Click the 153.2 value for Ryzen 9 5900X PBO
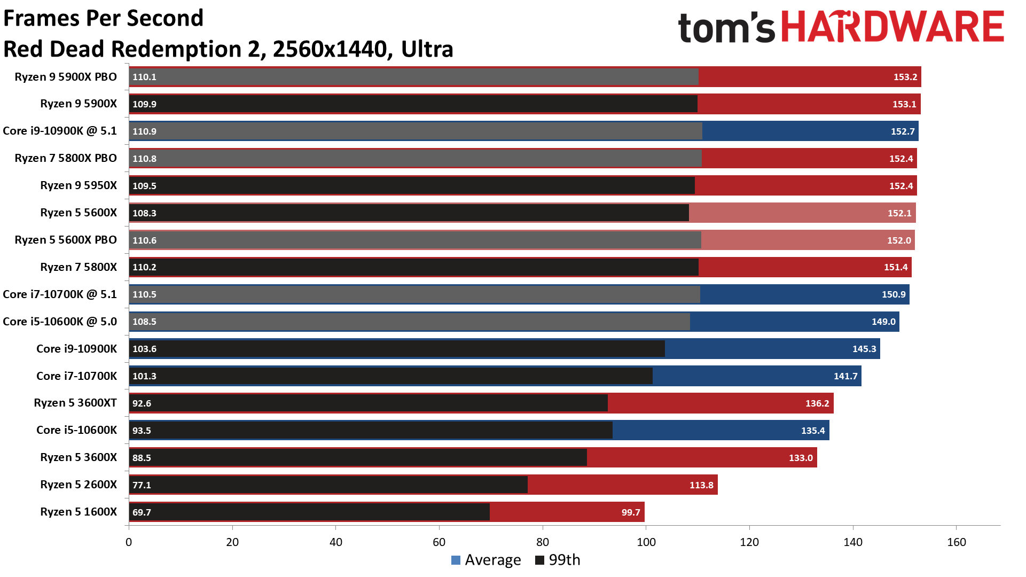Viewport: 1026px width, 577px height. (905, 77)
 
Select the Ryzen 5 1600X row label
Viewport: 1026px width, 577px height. (79, 512)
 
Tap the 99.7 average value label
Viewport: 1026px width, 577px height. (631, 512)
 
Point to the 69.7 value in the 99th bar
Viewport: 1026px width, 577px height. (142, 512)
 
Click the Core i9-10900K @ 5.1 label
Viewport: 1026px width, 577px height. (60, 131)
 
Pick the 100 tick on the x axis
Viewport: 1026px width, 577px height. (646, 542)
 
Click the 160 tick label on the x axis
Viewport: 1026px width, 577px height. (956, 542)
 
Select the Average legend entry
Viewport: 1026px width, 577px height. (486, 560)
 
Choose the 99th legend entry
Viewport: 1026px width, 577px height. (558, 560)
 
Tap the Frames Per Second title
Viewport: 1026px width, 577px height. (104, 18)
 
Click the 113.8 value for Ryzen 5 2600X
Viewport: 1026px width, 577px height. (701, 485)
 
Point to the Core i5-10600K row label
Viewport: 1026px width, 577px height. (76, 430)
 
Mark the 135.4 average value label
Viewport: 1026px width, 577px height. (813, 431)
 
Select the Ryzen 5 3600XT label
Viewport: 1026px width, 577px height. (75, 403)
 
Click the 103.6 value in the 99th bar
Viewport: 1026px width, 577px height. (144, 349)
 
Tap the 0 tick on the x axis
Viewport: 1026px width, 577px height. (129, 542)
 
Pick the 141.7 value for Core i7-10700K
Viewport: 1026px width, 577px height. (845, 376)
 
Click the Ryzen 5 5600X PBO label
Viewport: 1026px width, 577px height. (66, 240)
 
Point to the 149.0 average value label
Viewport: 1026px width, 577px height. (883, 322)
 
